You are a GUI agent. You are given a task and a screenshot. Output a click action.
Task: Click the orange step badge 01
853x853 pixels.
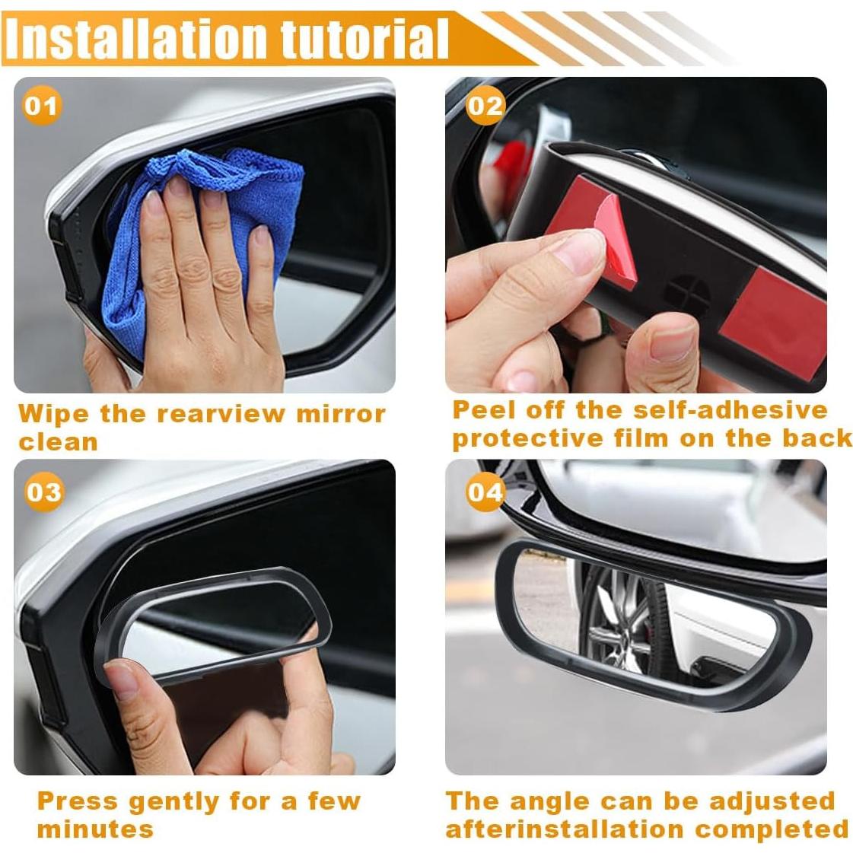click(41, 105)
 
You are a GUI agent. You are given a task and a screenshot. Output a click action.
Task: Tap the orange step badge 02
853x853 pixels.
click(485, 105)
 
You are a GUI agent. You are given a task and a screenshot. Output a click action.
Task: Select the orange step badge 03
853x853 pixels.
click(43, 492)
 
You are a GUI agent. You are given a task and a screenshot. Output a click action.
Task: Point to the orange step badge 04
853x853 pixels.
click(485, 492)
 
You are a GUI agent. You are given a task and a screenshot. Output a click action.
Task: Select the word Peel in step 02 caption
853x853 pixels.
click(481, 410)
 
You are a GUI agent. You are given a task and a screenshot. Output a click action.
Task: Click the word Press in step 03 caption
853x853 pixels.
click(78, 800)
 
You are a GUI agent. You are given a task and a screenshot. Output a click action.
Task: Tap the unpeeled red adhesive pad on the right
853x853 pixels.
click(772, 320)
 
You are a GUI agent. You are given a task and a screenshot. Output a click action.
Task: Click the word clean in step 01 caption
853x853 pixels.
click(58, 442)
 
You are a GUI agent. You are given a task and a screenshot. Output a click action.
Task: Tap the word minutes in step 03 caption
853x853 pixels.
click(94, 829)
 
